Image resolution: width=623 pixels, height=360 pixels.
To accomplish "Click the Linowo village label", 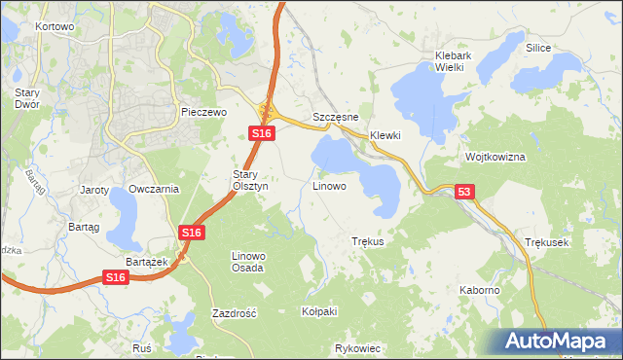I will click(329, 185).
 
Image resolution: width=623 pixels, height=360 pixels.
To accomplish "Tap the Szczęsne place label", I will click(337, 117).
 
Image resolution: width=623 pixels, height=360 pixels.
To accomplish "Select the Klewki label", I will click(385, 136).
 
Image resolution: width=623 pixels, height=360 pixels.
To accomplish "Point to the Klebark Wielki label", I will click(454, 62).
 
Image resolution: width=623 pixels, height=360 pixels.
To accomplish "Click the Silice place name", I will click(538, 48).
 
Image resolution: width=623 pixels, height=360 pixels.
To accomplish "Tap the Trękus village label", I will click(368, 241).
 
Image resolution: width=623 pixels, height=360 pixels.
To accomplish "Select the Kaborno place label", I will click(480, 290).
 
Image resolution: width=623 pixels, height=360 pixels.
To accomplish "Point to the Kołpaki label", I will click(319, 311).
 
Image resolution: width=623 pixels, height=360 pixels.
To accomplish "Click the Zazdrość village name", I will click(234, 314).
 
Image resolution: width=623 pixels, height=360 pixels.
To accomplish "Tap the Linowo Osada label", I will click(247, 261).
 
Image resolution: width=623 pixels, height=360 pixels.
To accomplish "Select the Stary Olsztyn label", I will click(243, 180).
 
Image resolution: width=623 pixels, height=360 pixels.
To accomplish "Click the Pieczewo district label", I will click(203, 113).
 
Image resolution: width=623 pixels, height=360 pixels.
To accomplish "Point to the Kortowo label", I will click(55, 27).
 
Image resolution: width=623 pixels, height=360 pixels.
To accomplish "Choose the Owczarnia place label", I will click(154, 190).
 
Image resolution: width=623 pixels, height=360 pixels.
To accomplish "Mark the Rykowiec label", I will click(357, 348).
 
